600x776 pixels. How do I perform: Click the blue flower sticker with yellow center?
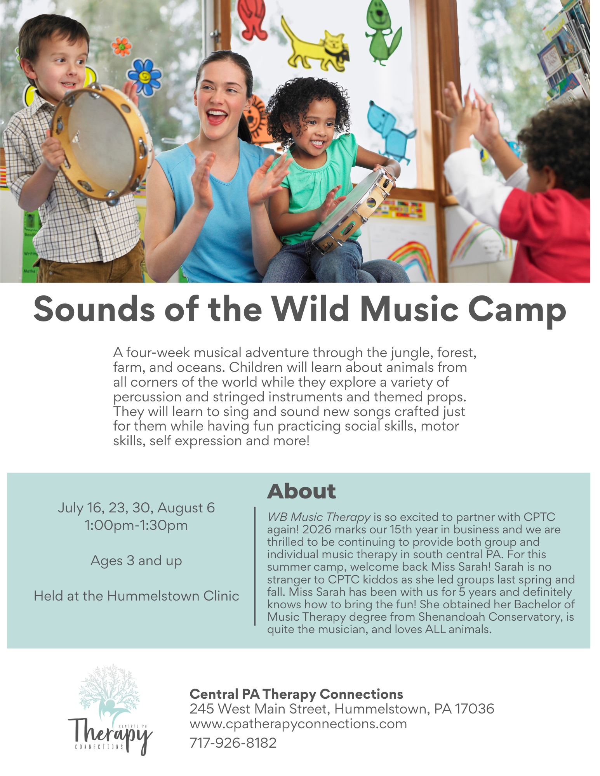(144, 76)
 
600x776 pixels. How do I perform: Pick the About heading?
(301, 491)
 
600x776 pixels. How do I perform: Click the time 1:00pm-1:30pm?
(136, 525)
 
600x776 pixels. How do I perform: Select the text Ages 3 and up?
(136, 561)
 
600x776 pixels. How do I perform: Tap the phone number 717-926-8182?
(233, 743)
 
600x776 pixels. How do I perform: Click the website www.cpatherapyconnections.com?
(298, 724)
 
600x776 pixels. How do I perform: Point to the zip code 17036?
(474, 709)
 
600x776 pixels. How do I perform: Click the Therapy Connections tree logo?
(110, 709)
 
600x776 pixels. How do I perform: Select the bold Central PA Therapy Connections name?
(296, 694)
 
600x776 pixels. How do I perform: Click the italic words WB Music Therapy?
(318, 517)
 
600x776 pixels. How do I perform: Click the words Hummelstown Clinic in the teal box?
(173, 596)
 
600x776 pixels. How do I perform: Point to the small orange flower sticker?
(122, 46)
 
